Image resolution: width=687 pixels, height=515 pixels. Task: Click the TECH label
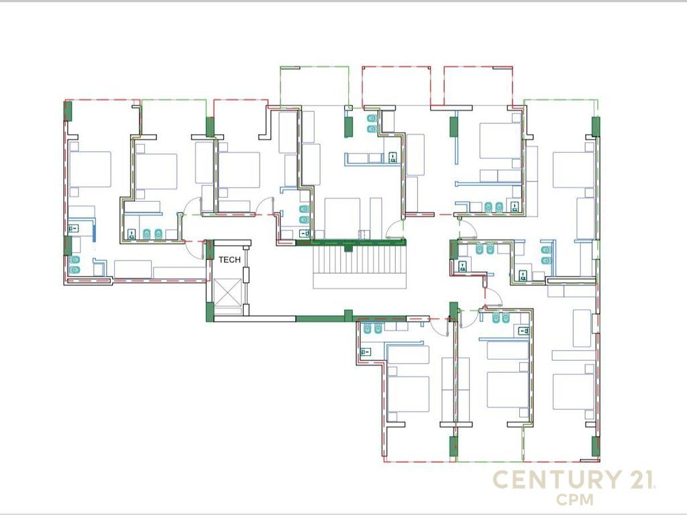[229, 260]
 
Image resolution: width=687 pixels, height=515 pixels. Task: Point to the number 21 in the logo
[641, 479]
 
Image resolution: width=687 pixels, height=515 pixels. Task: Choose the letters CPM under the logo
[575, 499]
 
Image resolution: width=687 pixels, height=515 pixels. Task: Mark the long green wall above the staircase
[351, 242]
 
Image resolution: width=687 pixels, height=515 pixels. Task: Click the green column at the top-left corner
[68, 111]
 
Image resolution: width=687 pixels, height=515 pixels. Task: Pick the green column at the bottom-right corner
[596, 446]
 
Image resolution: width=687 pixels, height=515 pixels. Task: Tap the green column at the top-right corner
[596, 126]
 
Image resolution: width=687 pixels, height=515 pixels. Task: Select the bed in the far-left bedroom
[91, 170]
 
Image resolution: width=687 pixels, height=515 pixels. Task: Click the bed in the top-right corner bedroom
[574, 170]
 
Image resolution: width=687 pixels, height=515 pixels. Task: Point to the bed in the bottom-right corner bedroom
[574, 392]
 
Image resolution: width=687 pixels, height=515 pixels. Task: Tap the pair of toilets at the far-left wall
[75, 264]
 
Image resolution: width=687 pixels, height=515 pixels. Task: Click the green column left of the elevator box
[210, 312]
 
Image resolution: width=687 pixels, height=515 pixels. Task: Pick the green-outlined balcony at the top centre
[315, 87]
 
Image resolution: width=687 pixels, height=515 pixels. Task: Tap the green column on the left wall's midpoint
[68, 245]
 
